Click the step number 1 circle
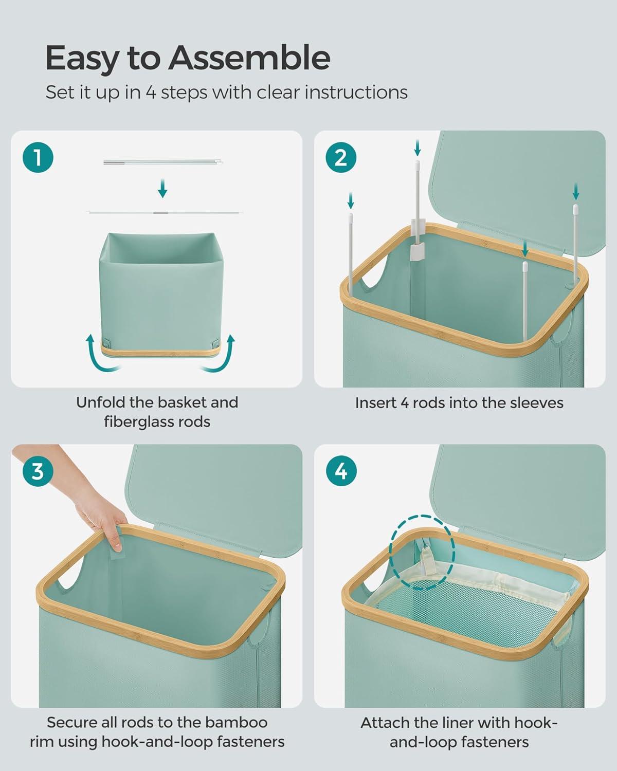click(38, 158)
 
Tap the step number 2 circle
click(341, 158)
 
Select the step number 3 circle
click(38, 471)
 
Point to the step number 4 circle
click(341, 471)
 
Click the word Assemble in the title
click(249, 58)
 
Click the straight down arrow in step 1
click(162, 189)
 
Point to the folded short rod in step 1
click(163, 162)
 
